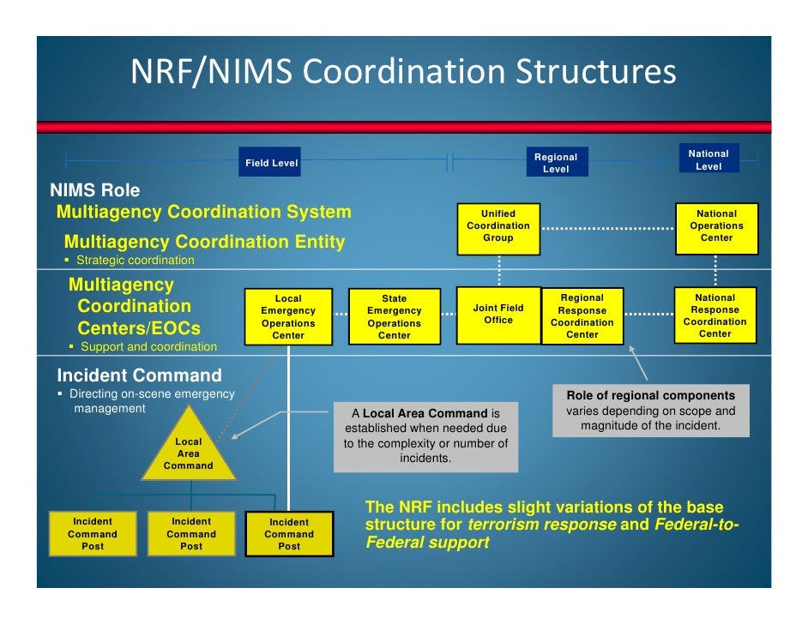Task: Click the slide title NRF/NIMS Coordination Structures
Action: point(403,73)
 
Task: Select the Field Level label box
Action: point(271,163)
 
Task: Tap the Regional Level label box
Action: point(556,163)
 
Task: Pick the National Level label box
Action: point(708,160)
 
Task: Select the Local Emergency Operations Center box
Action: point(288,317)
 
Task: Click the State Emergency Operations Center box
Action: point(395,317)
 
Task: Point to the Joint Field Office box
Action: point(498,314)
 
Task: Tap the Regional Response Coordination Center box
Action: point(582,316)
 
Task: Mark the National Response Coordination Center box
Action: point(715,315)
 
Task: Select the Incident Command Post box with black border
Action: point(289,534)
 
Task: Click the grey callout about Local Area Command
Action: point(425,436)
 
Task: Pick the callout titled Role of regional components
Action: point(650,411)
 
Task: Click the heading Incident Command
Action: point(139,375)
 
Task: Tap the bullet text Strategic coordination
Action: point(135,260)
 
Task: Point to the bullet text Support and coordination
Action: point(148,347)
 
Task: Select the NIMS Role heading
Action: point(94,190)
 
